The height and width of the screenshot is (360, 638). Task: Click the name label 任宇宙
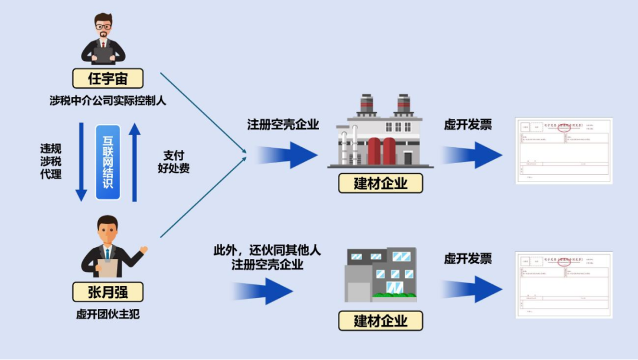click(x=108, y=79)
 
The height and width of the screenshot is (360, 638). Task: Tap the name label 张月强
click(x=108, y=292)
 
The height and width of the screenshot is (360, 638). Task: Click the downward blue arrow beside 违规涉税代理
click(x=82, y=161)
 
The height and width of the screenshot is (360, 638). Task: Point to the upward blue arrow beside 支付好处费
click(x=135, y=161)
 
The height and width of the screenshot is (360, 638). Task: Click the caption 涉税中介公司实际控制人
click(x=108, y=100)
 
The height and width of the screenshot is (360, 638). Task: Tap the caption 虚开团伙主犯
click(x=108, y=314)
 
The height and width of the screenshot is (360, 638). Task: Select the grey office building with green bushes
click(x=381, y=274)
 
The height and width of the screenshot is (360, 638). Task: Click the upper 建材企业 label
click(x=381, y=183)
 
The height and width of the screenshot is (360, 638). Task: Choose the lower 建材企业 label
click(x=381, y=321)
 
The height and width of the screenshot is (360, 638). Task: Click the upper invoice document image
click(x=564, y=151)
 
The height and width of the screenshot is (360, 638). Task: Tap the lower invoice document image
click(x=564, y=285)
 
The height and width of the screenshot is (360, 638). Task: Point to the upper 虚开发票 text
click(x=468, y=125)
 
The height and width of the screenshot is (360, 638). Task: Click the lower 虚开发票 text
click(x=468, y=258)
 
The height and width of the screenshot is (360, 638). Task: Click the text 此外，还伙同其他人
click(x=267, y=251)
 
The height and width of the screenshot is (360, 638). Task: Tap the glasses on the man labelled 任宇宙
click(x=103, y=27)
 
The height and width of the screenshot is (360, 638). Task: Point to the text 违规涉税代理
click(x=51, y=161)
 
